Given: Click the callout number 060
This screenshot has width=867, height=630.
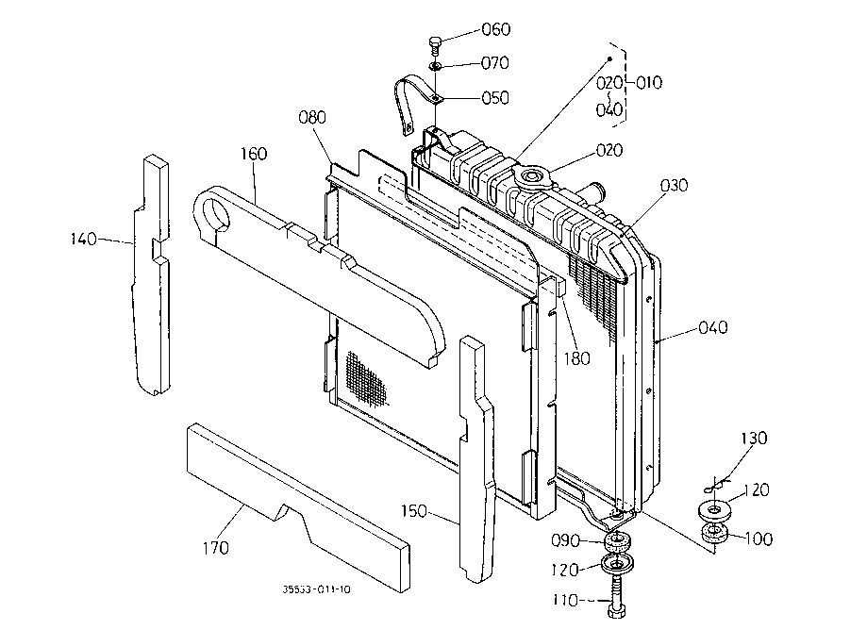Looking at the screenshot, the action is coord(496,29).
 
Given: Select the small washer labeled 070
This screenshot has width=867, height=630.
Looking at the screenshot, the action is coord(436,67).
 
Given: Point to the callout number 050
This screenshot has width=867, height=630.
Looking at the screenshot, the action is coord(495,98).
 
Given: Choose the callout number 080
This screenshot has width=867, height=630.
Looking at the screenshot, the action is coord(312,117).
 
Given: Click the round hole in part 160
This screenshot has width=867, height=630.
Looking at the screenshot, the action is coord(216,214).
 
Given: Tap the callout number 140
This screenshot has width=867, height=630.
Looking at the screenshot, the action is coord(84,239).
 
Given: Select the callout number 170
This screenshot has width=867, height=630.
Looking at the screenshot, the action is coord(215,548).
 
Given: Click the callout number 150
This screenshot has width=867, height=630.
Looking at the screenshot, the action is coord(413,511).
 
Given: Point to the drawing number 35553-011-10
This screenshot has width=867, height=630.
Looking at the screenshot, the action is coord(316,589).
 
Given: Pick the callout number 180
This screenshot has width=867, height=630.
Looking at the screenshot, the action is coord(576,358).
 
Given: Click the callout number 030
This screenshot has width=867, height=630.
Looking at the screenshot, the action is coord(674,185).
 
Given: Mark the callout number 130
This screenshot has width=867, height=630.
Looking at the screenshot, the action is coord(754,438).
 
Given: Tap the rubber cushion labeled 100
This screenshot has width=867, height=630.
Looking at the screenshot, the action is coord(714,533).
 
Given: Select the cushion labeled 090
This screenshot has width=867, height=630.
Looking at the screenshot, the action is coord(618,541).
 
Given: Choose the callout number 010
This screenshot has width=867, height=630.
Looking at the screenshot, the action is coord(648,83).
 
